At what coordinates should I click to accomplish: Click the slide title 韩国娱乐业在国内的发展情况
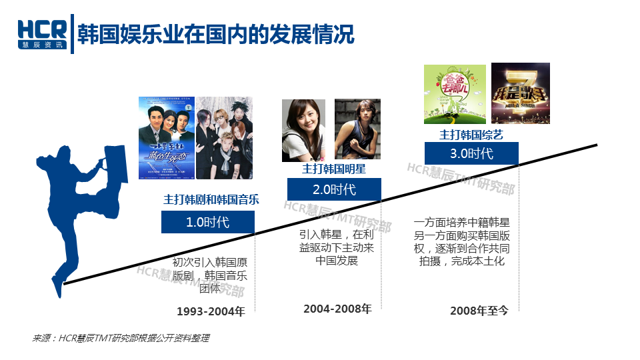215,33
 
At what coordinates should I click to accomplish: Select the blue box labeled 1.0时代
207,222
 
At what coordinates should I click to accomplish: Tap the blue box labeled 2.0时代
334,189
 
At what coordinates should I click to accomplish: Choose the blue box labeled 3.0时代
471,153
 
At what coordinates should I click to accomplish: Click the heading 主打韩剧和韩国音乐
211,199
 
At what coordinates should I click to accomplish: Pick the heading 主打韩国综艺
471,134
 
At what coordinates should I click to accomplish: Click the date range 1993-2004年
211,311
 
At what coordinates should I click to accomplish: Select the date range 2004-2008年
337,309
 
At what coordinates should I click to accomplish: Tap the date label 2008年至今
479,311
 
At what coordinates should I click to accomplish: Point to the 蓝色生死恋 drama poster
166,138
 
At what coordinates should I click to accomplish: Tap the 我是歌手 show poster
520,93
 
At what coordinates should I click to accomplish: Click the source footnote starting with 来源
121,338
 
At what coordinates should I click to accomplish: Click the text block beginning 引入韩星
337,247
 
